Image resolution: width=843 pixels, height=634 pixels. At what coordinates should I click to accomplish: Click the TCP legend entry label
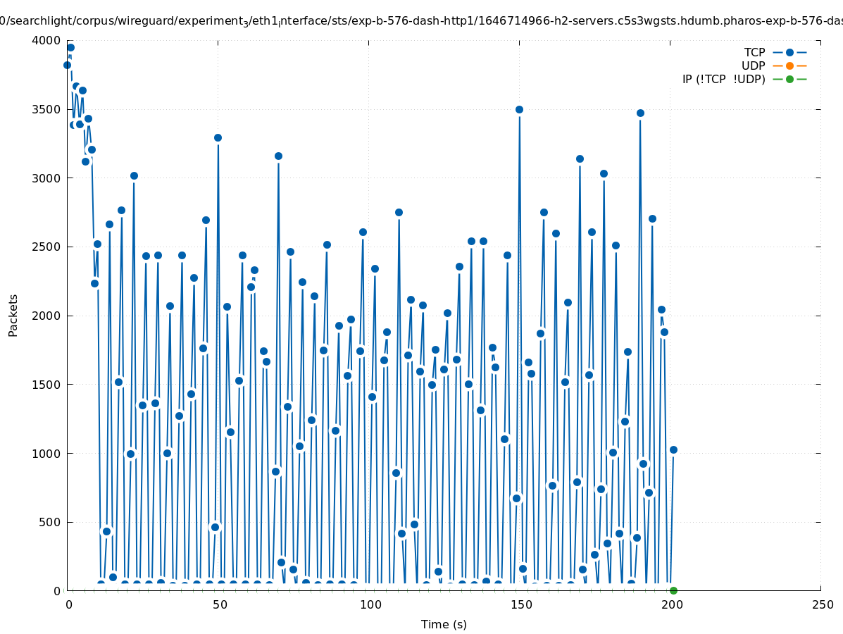[x=754, y=52]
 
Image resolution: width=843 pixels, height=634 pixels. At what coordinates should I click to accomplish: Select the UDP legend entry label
[x=753, y=66]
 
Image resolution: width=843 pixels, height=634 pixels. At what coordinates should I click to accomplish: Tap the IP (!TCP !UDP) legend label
[x=723, y=79]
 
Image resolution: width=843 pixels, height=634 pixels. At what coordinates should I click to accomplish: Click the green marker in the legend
[x=789, y=79]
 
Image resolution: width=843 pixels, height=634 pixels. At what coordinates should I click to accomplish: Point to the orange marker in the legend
[x=789, y=66]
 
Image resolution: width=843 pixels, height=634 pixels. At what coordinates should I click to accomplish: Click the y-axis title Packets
[x=13, y=316]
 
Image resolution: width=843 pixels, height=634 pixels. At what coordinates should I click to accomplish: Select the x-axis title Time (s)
[x=444, y=624]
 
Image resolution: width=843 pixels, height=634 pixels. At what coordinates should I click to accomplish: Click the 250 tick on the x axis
[x=820, y=604]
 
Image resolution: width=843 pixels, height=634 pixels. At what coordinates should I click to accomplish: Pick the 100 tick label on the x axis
[x=368, y=604]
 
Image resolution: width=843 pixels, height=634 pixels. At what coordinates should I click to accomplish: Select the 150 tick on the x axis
[x=519, y=604]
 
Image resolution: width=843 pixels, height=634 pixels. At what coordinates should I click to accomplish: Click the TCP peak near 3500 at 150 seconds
[x=519, y=109]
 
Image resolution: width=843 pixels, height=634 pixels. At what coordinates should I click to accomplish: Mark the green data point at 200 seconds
[x=673, y=590]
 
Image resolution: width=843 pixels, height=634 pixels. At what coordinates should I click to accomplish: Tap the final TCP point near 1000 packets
[x=673, y=449]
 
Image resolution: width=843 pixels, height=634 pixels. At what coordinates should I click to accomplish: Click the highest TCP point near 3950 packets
[x=70, y=48]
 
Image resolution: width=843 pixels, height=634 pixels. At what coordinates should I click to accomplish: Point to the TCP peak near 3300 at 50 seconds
[x=218, y=137]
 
